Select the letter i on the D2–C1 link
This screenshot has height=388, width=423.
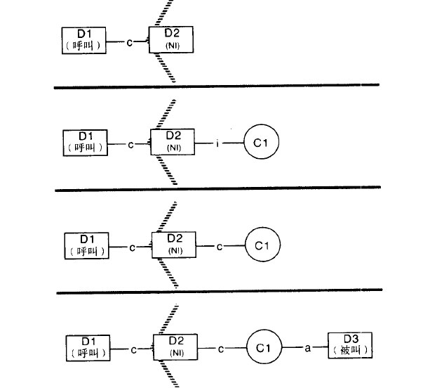[217, 144]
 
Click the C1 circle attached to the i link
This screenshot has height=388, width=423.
[262, 144]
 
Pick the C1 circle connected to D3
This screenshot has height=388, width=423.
[264, 347]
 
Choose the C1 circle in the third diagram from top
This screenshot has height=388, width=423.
[262, 245]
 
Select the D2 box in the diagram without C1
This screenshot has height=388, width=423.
[171, 39]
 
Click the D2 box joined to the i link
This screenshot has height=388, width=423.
[174, 143]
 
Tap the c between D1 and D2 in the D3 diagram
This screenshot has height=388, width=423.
[133, 348]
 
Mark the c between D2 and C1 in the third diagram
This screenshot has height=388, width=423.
[219, 246]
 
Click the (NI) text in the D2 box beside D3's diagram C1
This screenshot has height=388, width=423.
[176, 351]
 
